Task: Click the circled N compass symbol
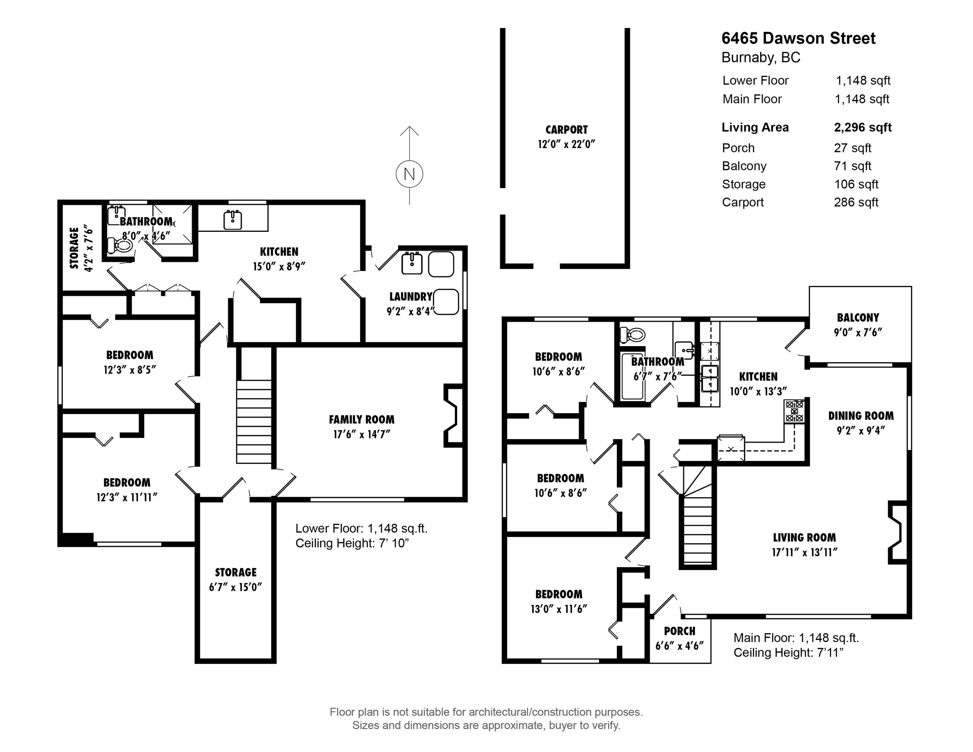coord(409,174)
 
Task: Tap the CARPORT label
coord(566,130)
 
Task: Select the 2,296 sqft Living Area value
coord(862,127)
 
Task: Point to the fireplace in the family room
coord(453,415)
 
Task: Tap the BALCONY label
coord(857,318)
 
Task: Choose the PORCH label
coord(680,631)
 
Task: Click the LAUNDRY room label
coord(411,297)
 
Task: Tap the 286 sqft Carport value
coord(856,202)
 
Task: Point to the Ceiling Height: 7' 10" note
coord(352,543)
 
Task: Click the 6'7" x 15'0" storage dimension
coord(235,587)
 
